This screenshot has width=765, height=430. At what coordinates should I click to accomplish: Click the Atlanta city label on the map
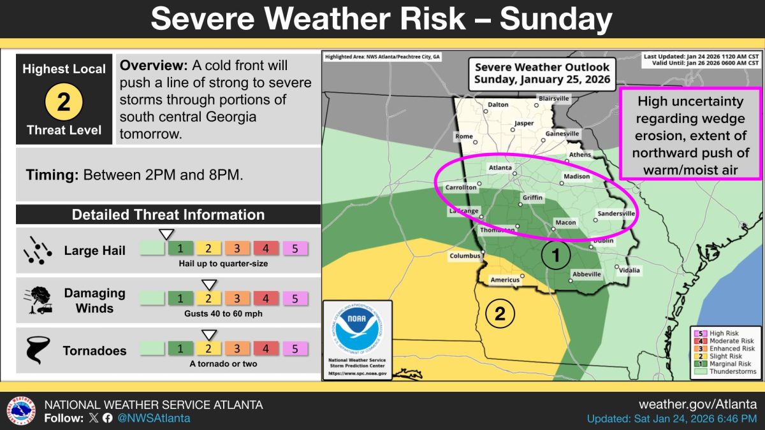click(500, 168)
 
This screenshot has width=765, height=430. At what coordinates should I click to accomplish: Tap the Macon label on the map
click(566, 223)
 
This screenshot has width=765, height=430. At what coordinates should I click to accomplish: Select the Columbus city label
click(465, 256)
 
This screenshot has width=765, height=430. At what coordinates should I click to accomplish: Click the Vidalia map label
click(629, 270)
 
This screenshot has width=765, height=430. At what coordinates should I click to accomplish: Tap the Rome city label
click(464, 136)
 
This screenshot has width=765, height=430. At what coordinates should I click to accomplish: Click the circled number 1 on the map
click(555, 256)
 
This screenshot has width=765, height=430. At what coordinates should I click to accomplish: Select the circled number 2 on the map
click(500, 313)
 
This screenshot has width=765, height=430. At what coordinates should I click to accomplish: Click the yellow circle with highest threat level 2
click(64, 101)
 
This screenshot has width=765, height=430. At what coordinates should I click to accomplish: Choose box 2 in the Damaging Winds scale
click(208, 298)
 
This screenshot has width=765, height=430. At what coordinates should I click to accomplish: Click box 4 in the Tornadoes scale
click(266, 348)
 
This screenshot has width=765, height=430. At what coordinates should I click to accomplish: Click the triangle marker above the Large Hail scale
click(166, 234)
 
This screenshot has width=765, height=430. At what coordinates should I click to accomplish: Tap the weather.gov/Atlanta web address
click(698, 405)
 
